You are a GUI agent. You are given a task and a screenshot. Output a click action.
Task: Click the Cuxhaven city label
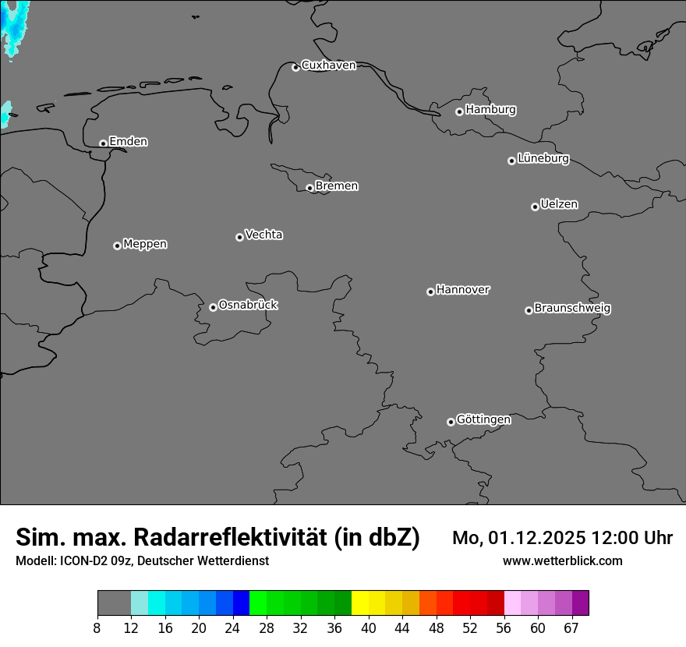pyautogui.click(x=328, y=65)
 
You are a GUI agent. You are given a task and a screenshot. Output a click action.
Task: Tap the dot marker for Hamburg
pyautogui.click(x=459, y=111)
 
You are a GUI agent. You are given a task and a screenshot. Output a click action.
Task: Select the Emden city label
pyautogui.click(x=128, y=142)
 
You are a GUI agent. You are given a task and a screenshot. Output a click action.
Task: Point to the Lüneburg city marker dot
pyautogui.click(x=511, y=161)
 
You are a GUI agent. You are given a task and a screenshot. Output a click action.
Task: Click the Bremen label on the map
pyautogui.click(x=337, y=186)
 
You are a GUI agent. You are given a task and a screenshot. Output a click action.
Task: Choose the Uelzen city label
pyautogui.click(x=559, y=205)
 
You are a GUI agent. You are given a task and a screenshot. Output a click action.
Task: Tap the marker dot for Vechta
pyautogui.click(x=239, y=237)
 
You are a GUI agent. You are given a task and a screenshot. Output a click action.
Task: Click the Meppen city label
pyautogui.click(x=145, y=245)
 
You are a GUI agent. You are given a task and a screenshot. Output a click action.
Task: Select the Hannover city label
pyautogui.click(x=463, y=290)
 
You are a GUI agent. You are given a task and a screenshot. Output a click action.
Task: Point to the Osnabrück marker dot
pyautogui.click(x=213, y=307)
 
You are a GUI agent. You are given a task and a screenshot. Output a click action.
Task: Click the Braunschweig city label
pyautogui.click(x=572, y=309)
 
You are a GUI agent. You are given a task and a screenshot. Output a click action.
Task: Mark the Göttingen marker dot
pyautogui.click(x=451, y=422)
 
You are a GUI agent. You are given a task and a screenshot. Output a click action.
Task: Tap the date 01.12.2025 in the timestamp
pyautogui.click(x=539, y=538)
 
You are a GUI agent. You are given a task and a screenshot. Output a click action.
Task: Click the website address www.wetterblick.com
pyautogui.click(x=562, y=561)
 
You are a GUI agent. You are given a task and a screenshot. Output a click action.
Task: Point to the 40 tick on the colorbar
pyautogui.click(x=368, y=628)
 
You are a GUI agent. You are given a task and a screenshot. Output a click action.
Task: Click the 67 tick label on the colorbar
pyautogui.click(x=571, y=628)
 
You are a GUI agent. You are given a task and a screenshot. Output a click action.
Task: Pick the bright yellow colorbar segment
pyautogui.click(x=360, y=603)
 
